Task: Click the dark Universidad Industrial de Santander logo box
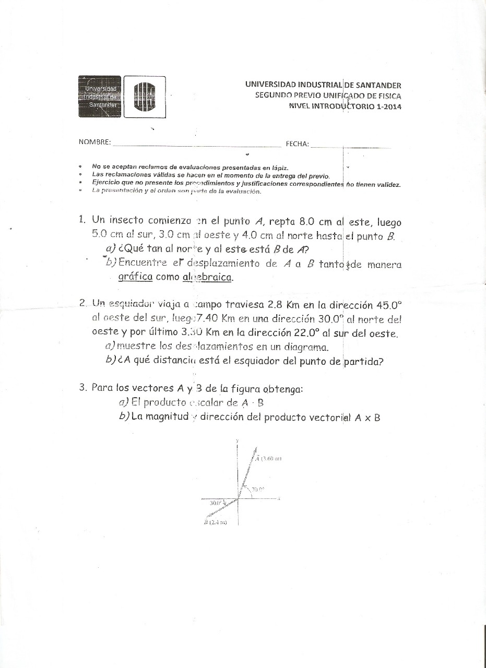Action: (100, 97)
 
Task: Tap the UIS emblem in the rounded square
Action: (145, 97)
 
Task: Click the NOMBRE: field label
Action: (94, 142)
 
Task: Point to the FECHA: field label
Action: (297, 144)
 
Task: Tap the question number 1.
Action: (81, 220)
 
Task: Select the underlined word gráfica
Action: (135, 277)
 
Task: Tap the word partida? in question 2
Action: (363, 361)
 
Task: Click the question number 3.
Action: (82, 388)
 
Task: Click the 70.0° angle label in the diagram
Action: (258, 489)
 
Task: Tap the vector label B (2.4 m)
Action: (215, 522)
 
